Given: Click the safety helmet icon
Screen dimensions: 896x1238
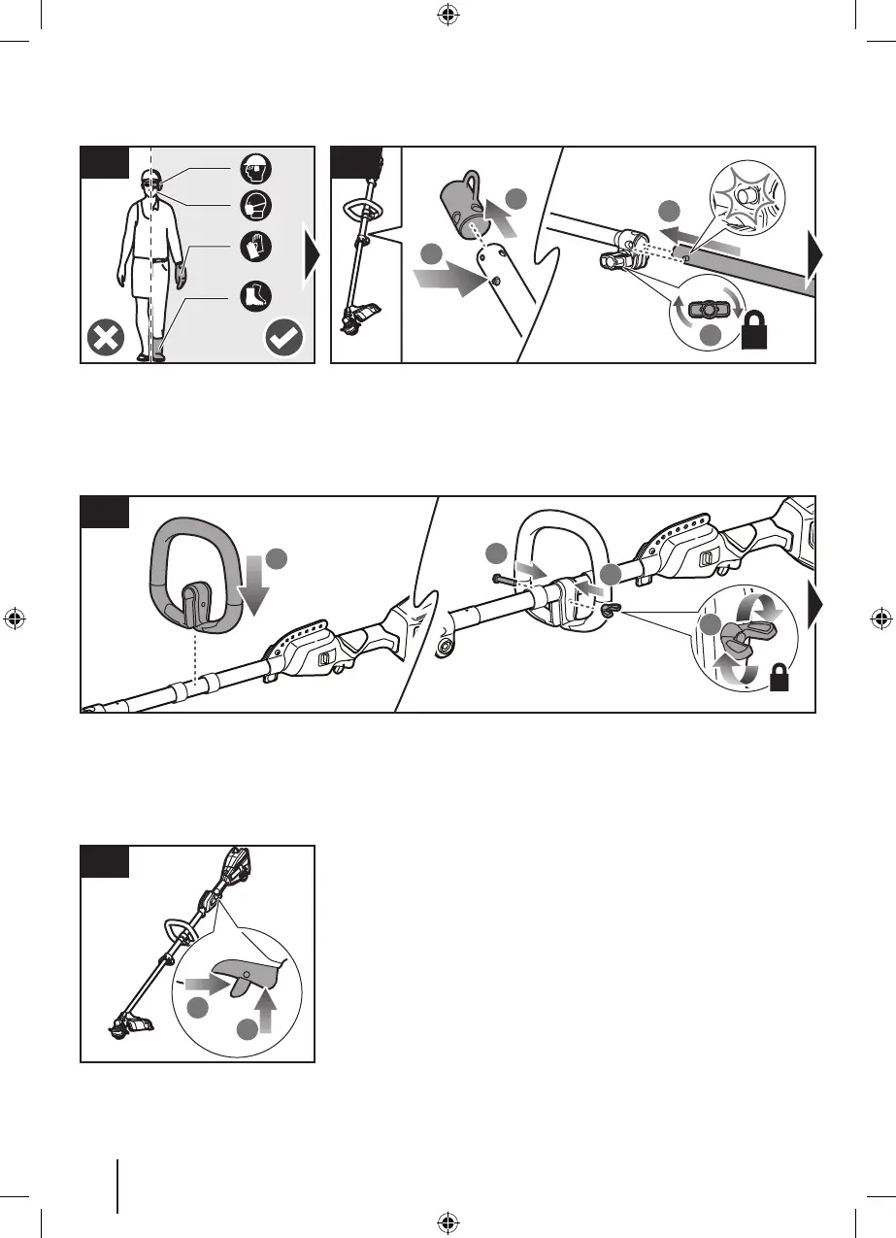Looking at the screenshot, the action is click(x=254, y=171).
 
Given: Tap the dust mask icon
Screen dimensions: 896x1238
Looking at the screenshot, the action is click(x=254, y=207).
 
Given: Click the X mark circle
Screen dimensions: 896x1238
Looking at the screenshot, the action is click(x=105, y=339).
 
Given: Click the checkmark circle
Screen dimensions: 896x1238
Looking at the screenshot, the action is click(x=283, y=339).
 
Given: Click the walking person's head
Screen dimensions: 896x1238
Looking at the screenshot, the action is click(x=148, y=182).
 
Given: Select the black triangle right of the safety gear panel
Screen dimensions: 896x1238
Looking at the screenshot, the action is click(x=312, y=254).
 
